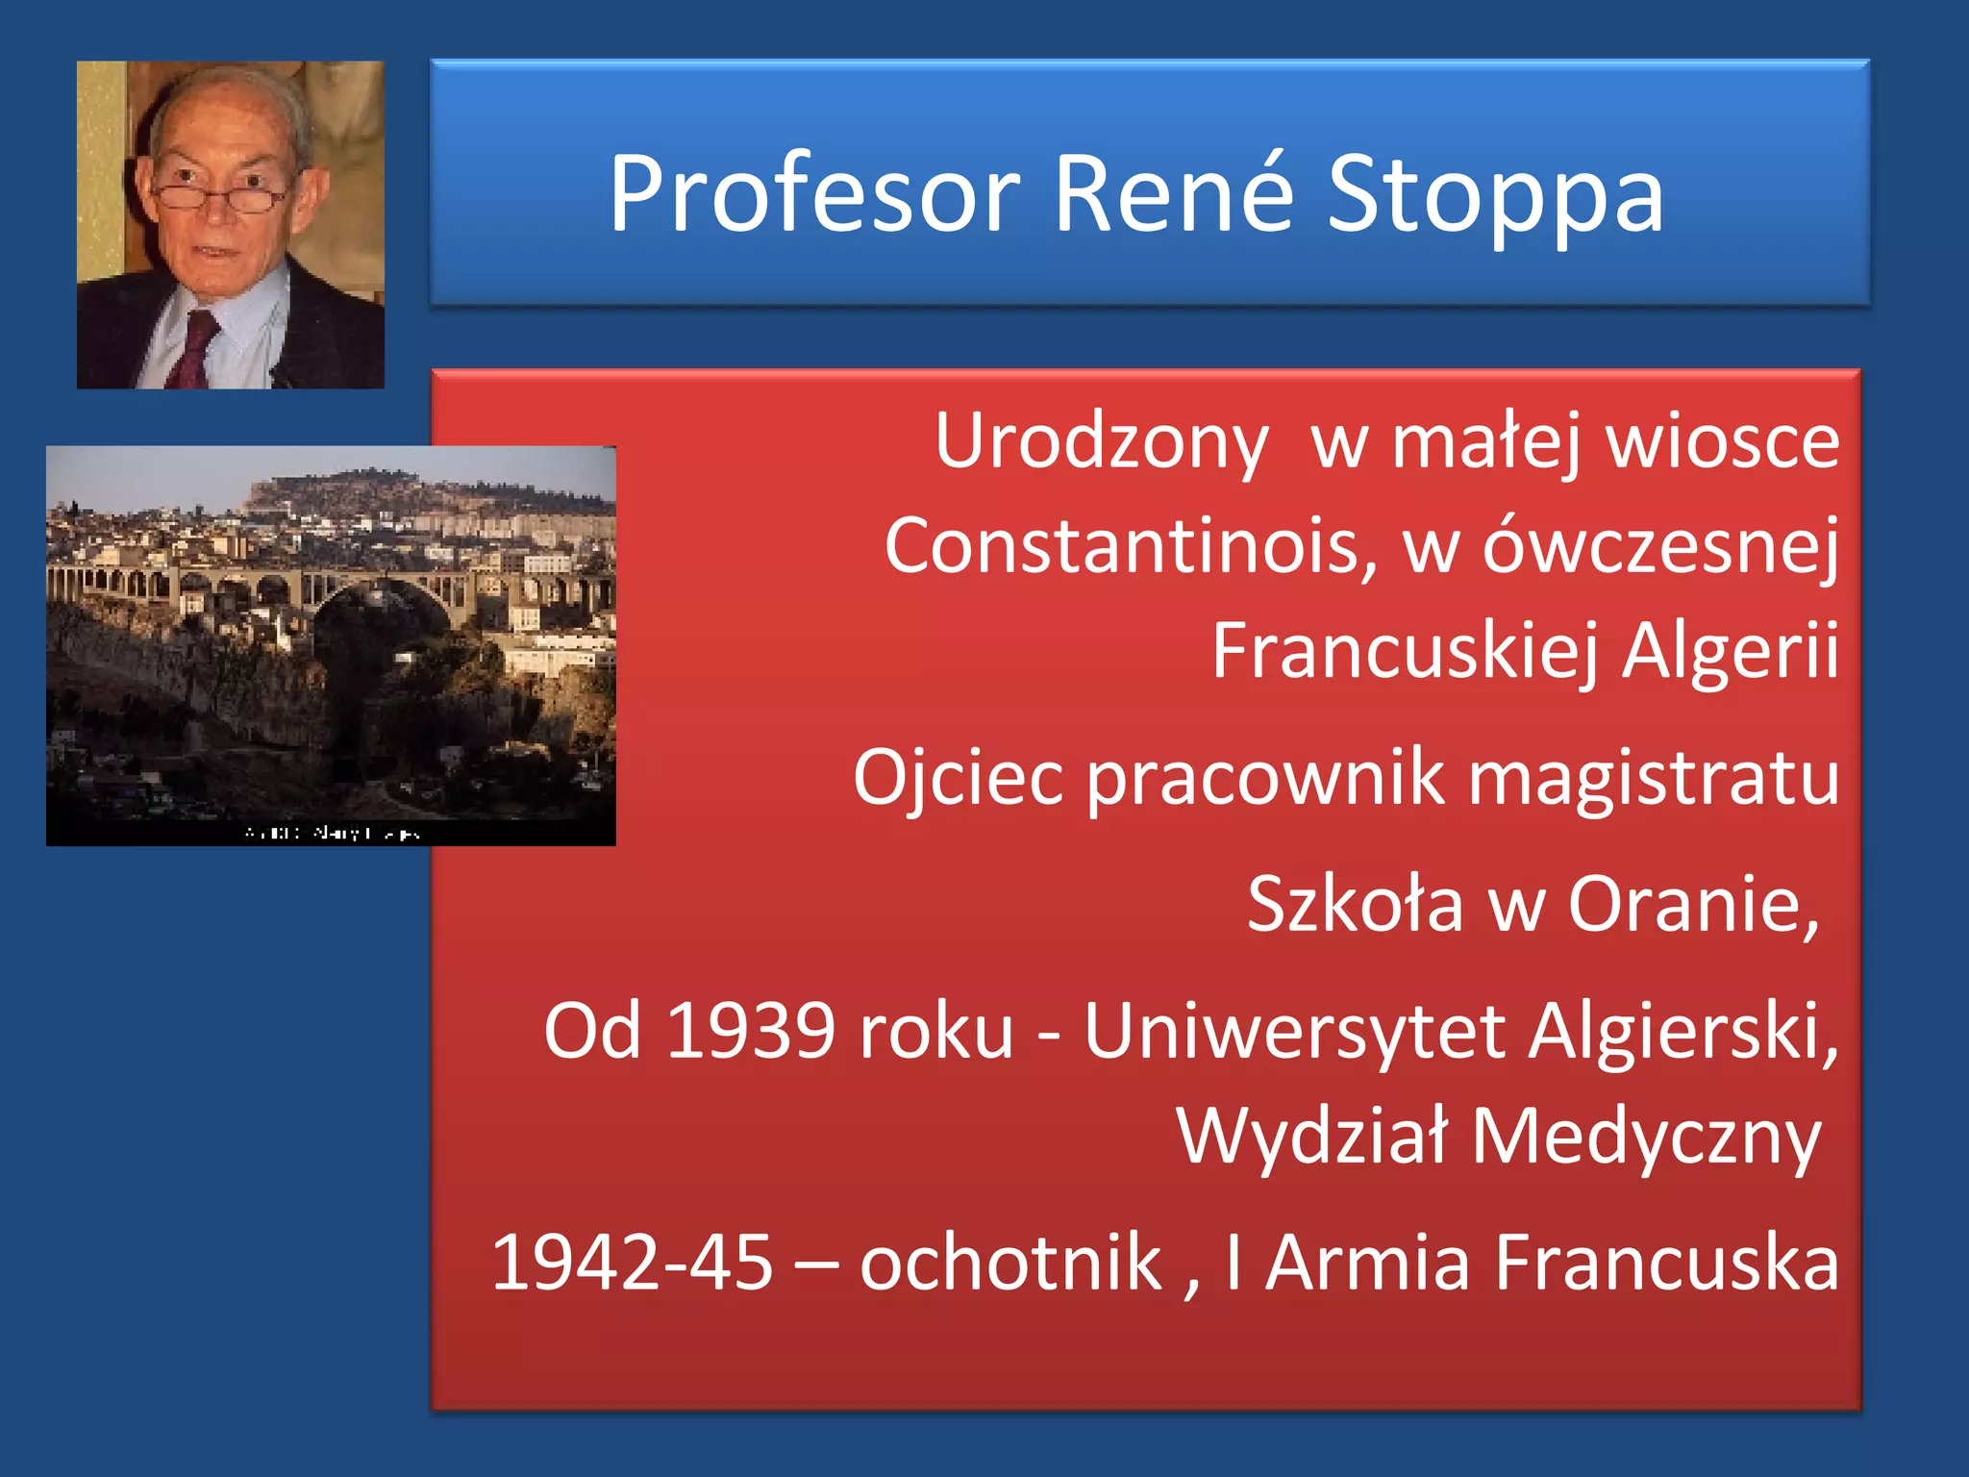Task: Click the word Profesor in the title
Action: tap(814, 195)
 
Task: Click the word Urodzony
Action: tap(1102, 442)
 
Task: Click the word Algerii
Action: tap(1731, 651)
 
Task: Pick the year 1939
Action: tap(751, 1032)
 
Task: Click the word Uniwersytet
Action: tap(1294, 1032)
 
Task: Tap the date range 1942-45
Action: tap(632, 1263)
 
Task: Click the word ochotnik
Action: tap(1010, 1263)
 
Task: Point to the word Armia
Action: tap(1367, 1263)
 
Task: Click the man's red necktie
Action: tap(195, 350)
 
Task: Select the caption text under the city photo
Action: tap(332, 833)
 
